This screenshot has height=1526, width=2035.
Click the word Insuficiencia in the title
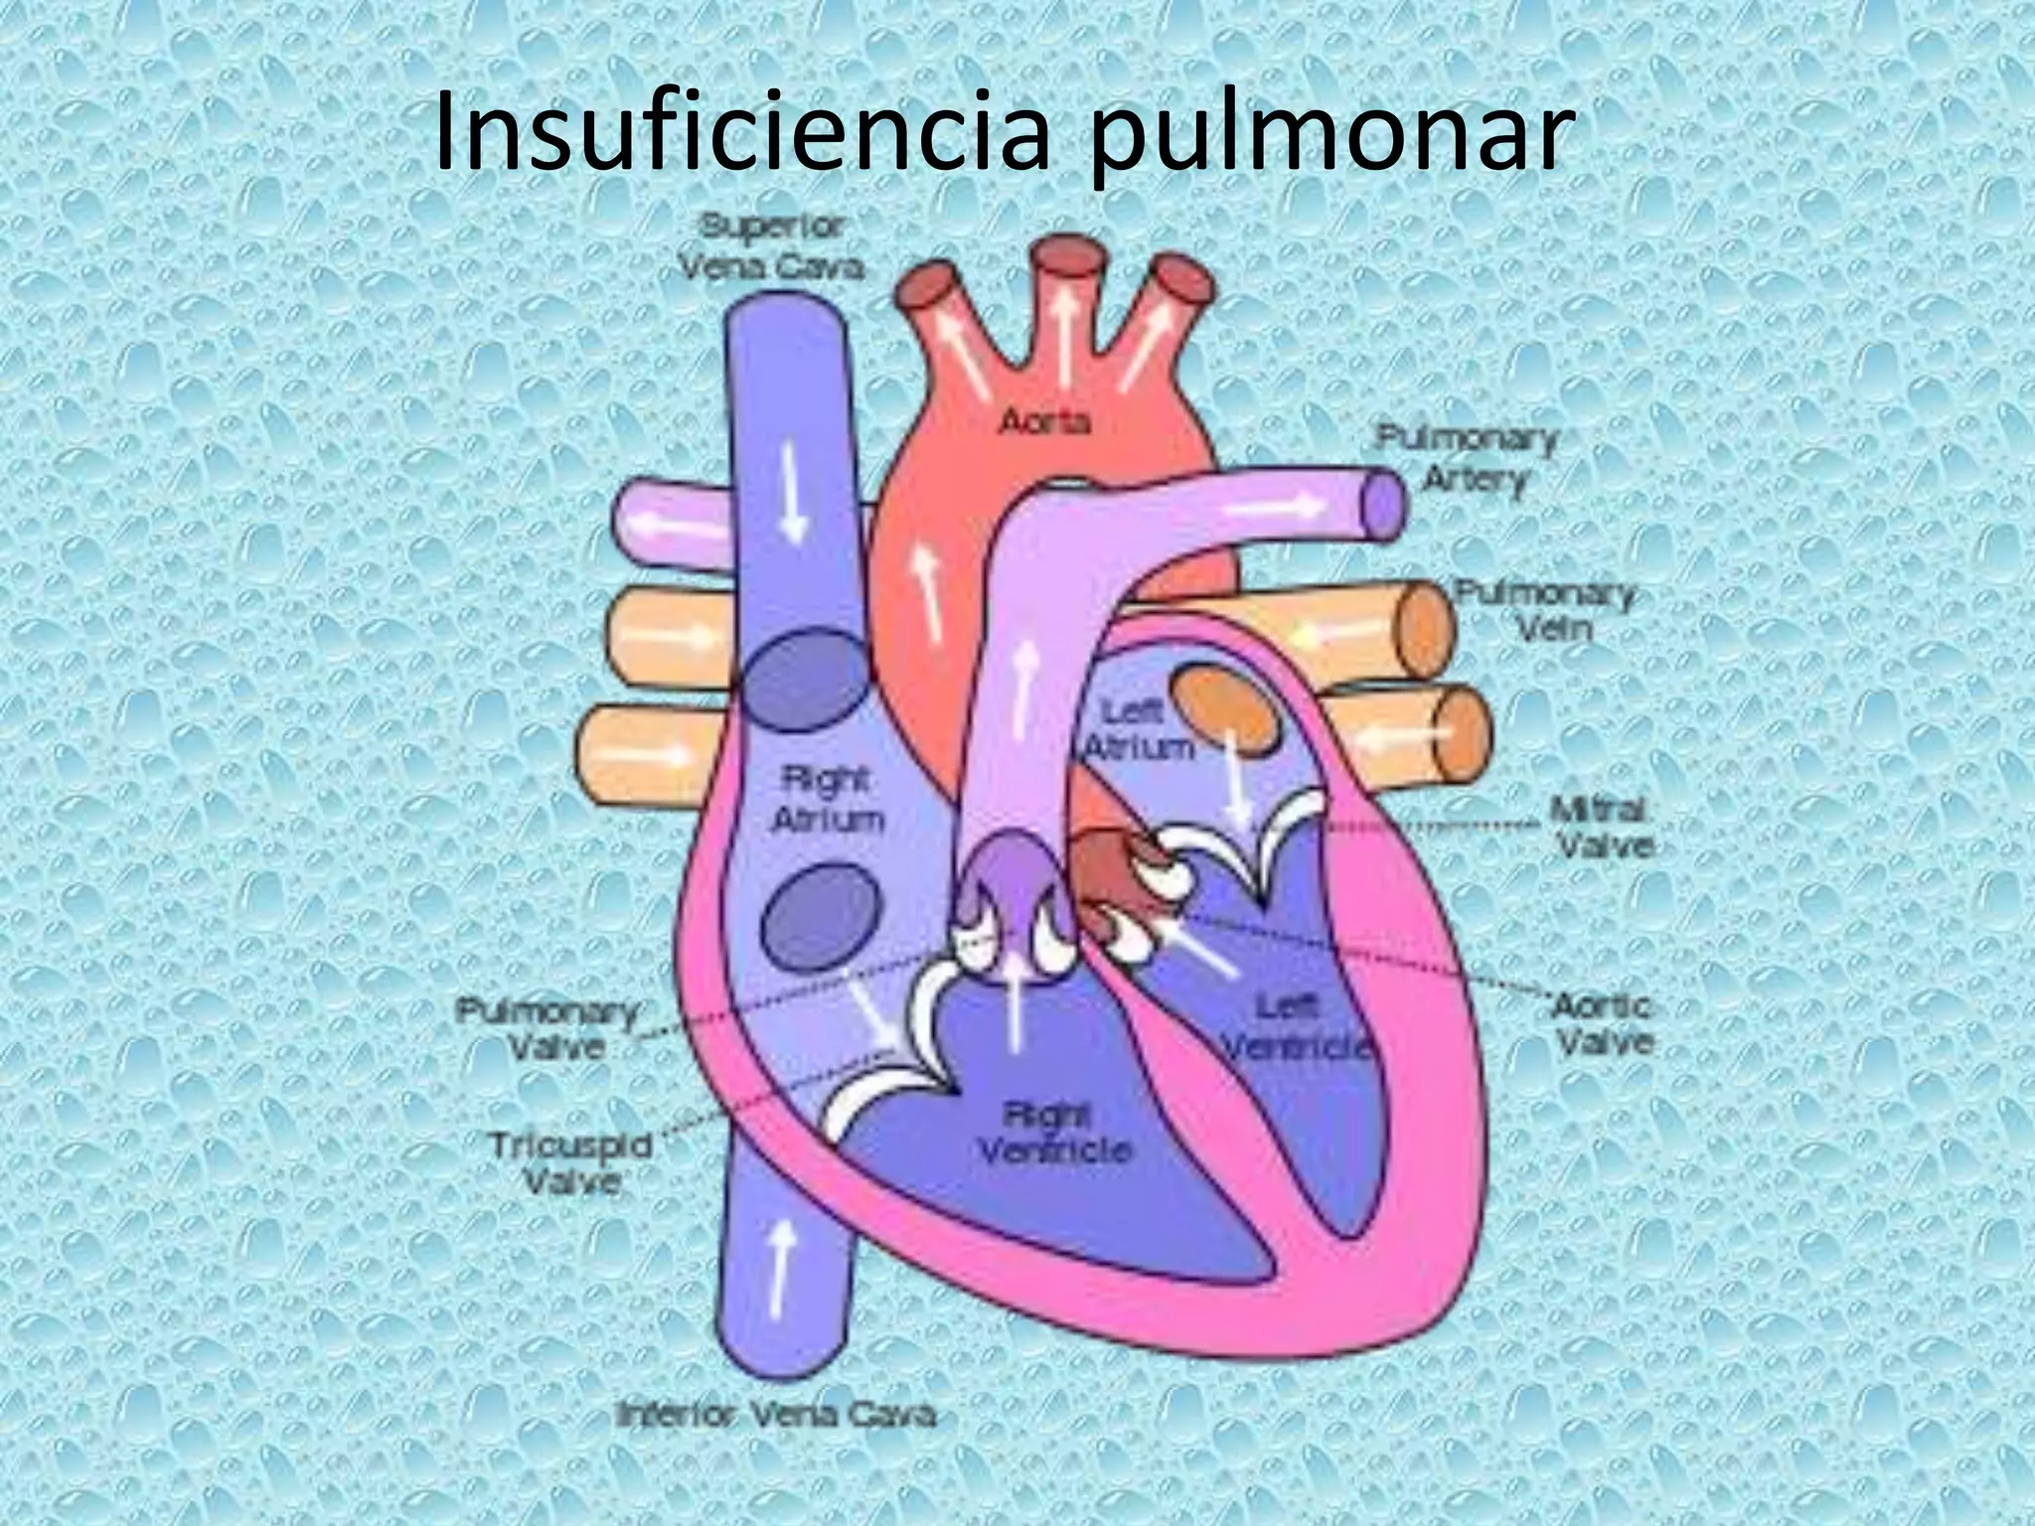click(741, 132)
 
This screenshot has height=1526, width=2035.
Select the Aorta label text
click(1044, 422)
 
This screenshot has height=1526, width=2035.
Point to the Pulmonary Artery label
click(1467, 460)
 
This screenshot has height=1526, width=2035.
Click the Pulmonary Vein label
click(1545, 611)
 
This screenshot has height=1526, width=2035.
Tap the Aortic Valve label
click(1602, 1024)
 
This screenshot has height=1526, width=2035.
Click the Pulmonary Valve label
click(548, 1029)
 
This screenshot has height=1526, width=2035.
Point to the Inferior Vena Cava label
click(776, 1414)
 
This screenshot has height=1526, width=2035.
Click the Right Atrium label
click(827, 801)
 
